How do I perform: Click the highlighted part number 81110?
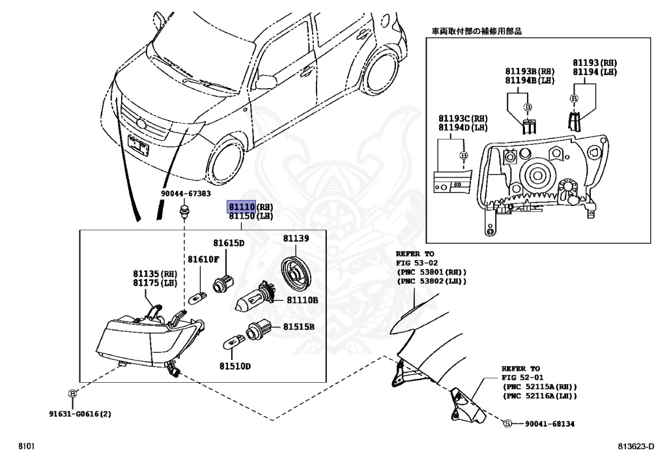pyautogui.click(x=240, y=206)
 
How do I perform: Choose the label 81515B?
pyautogui.click(x=298, y=326)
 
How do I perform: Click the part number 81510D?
pyautogui.click(x=235, y=366)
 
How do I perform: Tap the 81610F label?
pyautogui.click(x=203, y=260)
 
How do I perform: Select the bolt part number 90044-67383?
pyautogui.click(x=186, y=194)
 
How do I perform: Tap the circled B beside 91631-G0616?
pyautogui.click(x=72, y=393)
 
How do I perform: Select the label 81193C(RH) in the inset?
pyautogui.click(x=462, y=118)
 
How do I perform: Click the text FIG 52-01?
pyautogui.click(x=520, y=377)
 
